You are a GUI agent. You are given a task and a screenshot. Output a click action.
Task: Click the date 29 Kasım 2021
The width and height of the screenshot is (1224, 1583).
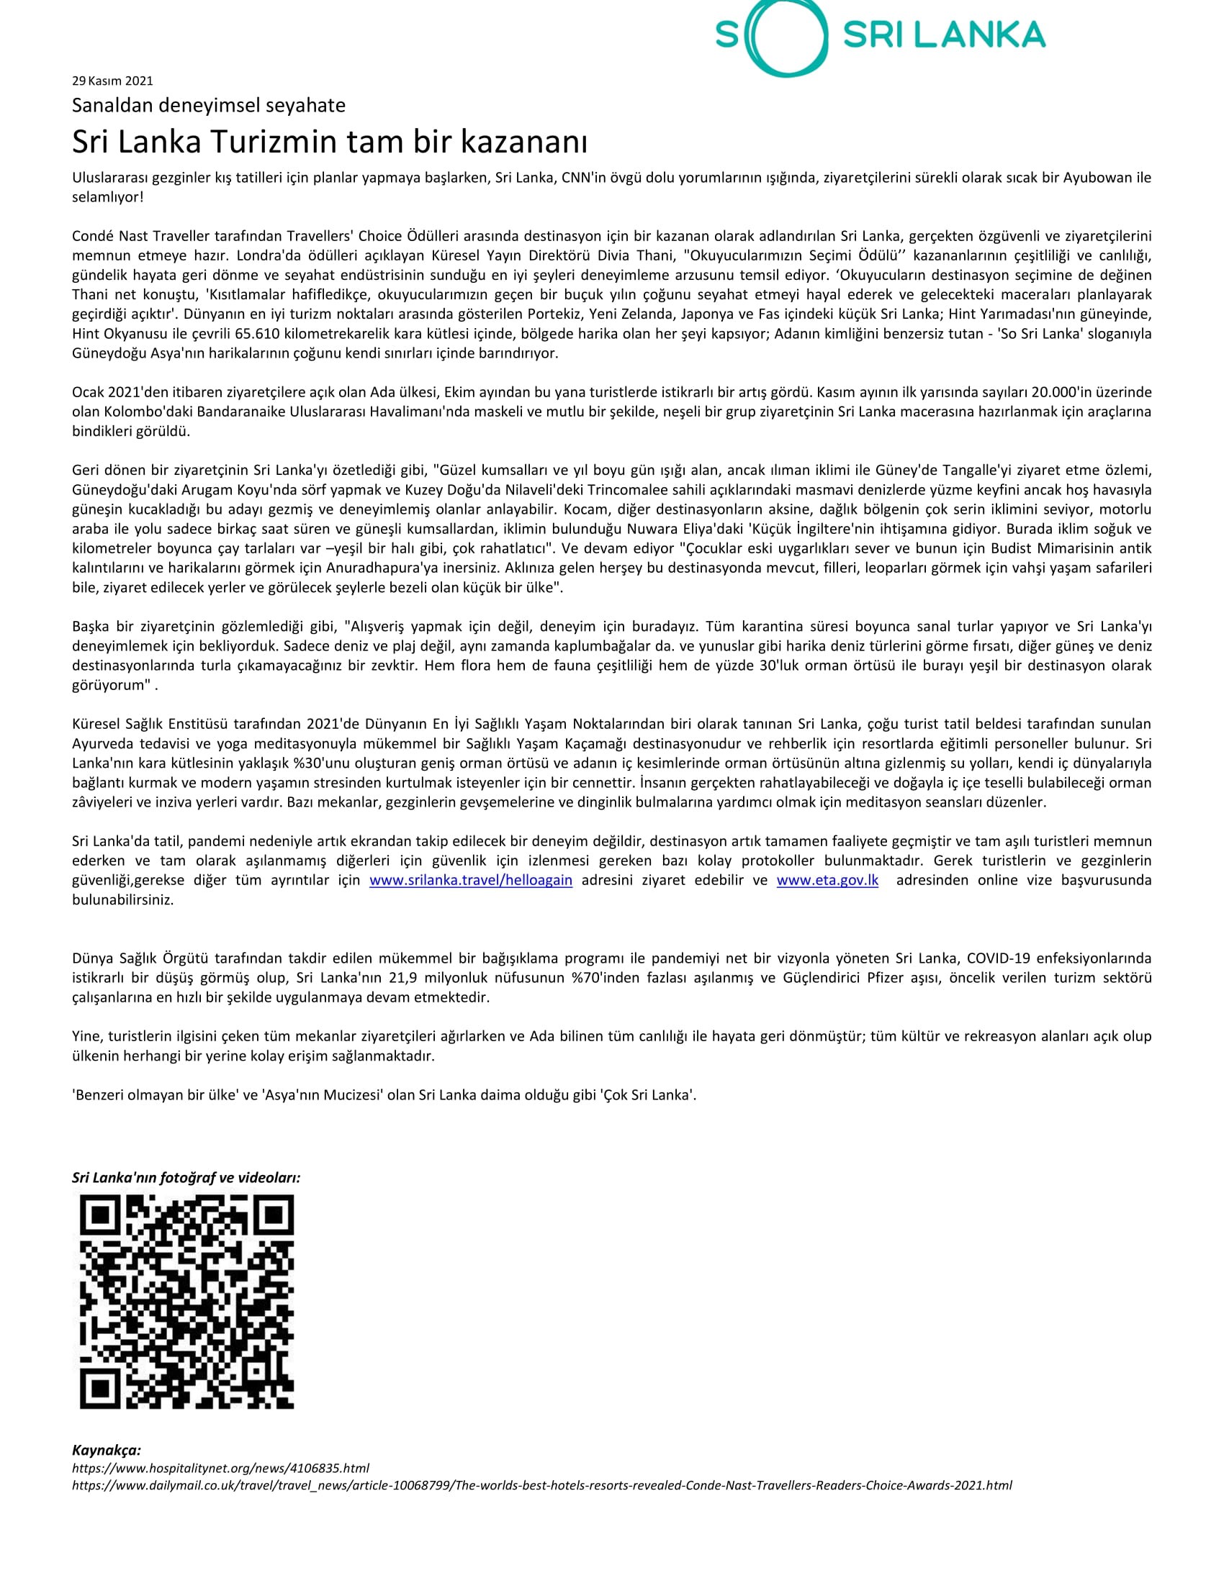(x=112, y=81)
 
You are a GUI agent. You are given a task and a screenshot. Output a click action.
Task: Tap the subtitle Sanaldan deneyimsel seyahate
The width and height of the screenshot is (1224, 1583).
(x=208, y=106)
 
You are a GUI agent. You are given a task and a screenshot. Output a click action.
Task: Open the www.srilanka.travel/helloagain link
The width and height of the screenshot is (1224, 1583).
(x=471, y=881)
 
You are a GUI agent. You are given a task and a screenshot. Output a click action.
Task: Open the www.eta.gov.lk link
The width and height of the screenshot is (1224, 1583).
(x=827, y=881)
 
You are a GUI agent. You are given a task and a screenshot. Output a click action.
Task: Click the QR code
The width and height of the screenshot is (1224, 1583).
(x=186, y=1302)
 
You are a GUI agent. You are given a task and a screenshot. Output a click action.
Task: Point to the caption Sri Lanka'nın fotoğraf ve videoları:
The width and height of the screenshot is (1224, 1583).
(x=186, y=1177)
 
